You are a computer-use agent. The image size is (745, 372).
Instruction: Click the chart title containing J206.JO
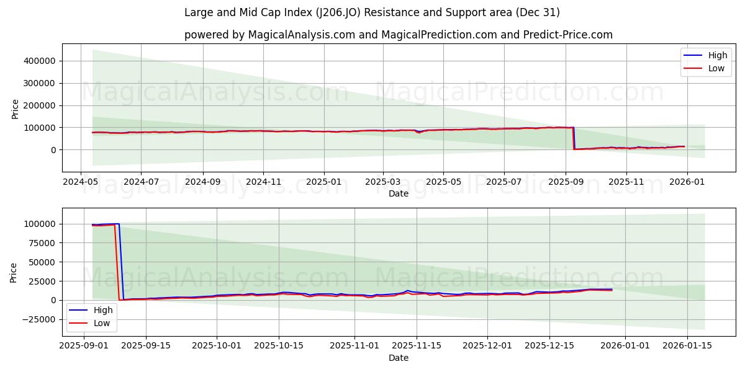click(x=372, y=12)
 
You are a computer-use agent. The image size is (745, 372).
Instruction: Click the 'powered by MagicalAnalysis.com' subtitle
click(x=398, y=35)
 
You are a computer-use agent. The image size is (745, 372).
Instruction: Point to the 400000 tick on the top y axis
click(x=38, y=61)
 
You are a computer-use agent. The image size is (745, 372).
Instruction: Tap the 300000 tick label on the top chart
click(x=38, y=83)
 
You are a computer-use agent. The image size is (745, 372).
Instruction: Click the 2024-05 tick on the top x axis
click(x=81, y=182)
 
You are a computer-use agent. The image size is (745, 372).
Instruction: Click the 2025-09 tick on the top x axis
click(x=565, y=182)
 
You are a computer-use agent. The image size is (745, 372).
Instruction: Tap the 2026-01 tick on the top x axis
click(x=686, y=182)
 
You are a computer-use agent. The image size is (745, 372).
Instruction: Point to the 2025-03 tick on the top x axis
click(x=382, y=182)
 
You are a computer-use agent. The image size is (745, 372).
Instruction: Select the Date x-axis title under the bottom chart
click(x=398, y=358)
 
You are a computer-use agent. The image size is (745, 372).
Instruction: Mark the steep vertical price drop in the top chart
click(x=573, y=138)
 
